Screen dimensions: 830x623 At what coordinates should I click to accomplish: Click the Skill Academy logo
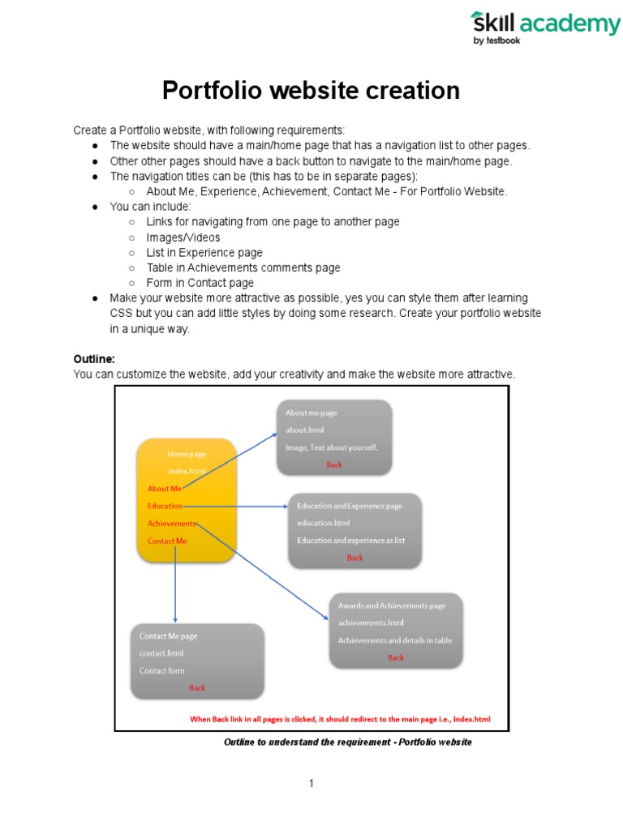[x=545, y=28]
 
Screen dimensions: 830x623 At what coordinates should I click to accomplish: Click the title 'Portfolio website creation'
[x=311, y=90]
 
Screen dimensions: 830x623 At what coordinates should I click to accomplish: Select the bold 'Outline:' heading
[x=94, y=358]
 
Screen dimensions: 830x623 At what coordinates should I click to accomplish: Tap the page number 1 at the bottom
[x=311, y=783]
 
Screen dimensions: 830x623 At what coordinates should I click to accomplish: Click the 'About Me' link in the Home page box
[x=165, y=489]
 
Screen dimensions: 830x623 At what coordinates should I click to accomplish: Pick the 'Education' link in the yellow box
[x=165, y=506]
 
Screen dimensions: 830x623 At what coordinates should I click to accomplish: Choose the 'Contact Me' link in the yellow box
[x=167, y=541]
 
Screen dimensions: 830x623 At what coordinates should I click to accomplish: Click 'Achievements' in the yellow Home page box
[x=171, y=524]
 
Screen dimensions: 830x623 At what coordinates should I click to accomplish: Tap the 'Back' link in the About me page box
[x=334, y=465]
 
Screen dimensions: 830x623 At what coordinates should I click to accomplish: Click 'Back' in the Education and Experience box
[x=354, y=558]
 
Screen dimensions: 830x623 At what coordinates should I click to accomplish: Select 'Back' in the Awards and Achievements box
[x=395, y=657]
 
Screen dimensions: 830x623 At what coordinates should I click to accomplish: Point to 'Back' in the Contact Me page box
[x=197, y=688]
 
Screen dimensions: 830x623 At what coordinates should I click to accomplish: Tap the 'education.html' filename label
[x=323, y=523]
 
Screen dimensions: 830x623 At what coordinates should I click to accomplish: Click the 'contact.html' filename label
[x=161, y=653]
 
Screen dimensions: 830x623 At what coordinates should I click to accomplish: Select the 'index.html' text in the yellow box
[x=187, y=471]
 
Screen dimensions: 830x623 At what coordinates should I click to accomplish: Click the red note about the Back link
[x=340, y=719]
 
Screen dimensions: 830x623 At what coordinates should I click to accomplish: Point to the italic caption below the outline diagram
[x=347, y=742]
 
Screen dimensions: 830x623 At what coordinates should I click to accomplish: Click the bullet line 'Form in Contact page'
[x=200, y=283]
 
